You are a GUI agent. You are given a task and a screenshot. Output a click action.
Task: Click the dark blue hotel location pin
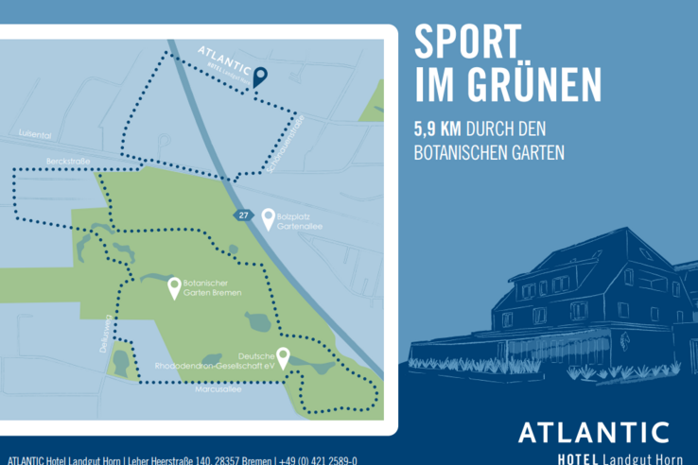[260, 76]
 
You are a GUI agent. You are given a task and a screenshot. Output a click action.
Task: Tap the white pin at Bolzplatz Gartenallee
[269, 218]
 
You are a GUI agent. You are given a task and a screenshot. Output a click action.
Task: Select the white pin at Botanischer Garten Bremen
[174, 287]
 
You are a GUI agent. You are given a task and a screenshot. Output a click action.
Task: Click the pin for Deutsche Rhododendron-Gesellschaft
[283, 357]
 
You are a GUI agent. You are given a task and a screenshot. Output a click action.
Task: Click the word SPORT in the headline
[467, 43]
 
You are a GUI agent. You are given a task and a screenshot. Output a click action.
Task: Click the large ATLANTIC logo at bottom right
[593, 432]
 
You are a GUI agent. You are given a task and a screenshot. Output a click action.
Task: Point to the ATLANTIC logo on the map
[224, 59]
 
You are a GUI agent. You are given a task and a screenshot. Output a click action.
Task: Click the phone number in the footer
[316, 460]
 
